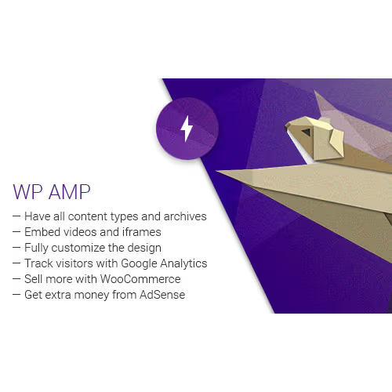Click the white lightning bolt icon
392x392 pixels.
187,128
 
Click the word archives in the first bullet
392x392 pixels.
184,216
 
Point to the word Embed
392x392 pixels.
42,232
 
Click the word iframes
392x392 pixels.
140,232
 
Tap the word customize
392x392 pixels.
78,248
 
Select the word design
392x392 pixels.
143,248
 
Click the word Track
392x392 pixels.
38,263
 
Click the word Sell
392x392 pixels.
34,279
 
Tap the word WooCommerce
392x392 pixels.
141,279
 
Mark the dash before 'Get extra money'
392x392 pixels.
16,295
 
